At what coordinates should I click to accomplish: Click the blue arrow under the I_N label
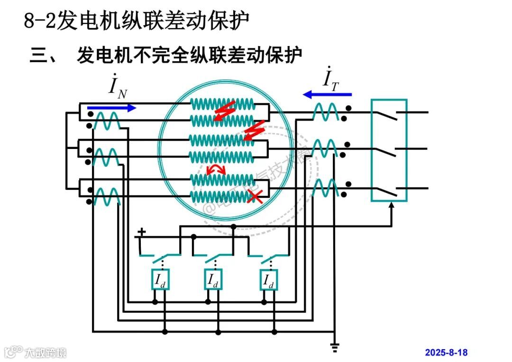point(112,108)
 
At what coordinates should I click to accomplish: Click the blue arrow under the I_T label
point(327,94)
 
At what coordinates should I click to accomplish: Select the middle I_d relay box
point(213,280)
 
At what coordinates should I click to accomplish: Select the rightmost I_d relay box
point(268,280)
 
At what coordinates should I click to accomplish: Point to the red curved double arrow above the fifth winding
point(217,170)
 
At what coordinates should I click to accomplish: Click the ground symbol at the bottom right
point(335,349)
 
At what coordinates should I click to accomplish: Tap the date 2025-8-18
point(446,353)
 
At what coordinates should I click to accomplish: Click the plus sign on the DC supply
point(141,233)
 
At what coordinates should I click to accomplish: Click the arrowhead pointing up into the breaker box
point(392,207)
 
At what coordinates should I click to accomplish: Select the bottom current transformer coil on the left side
point(106,196)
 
